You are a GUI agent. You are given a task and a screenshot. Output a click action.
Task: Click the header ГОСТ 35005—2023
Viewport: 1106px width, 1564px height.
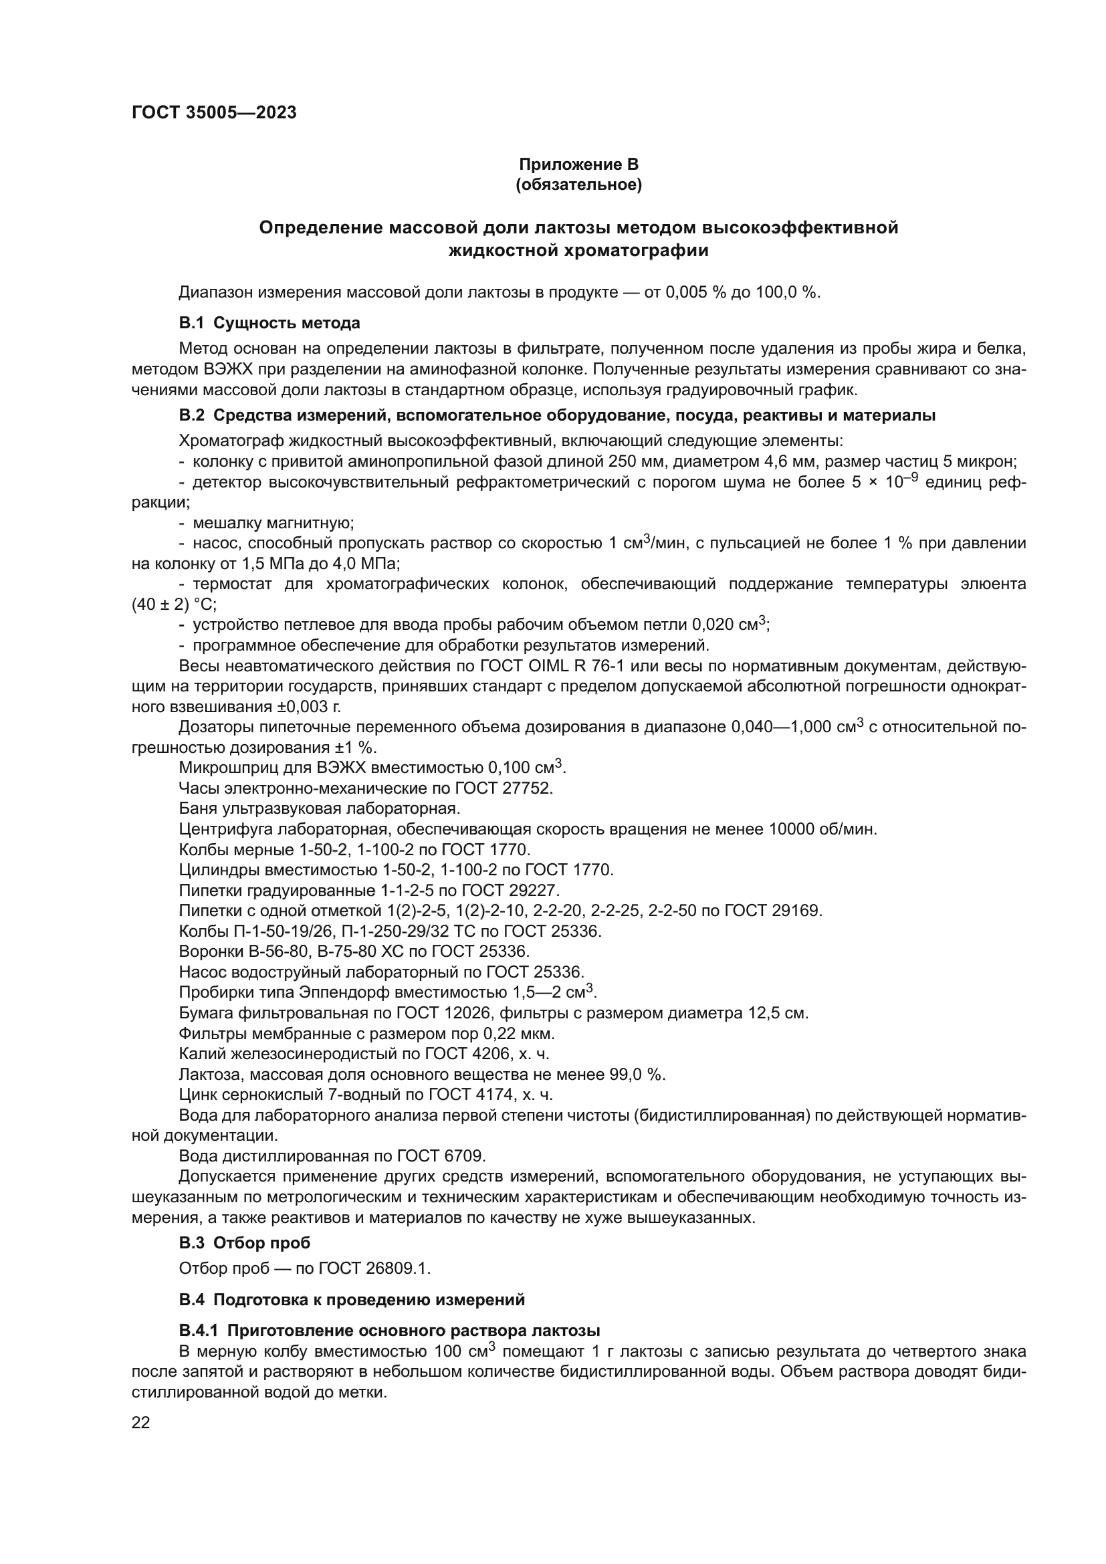(214, 113)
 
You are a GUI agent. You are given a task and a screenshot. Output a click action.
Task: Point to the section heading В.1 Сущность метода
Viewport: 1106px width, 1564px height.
(269, 322)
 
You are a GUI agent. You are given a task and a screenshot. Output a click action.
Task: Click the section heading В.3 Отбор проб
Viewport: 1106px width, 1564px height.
(245, 1242)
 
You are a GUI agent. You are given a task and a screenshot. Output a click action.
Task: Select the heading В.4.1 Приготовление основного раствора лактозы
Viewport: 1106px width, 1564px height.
(389, 1331)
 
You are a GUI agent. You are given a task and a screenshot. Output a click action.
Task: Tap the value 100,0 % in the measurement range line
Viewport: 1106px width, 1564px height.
(787, 293)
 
